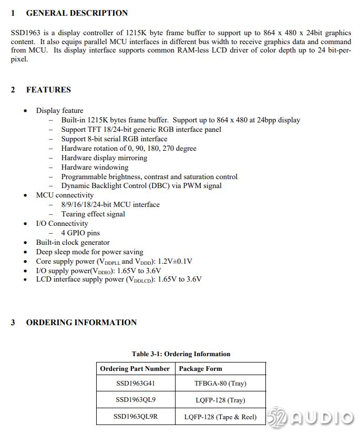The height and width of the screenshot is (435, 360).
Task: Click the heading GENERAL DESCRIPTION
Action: click(x=77, y=13)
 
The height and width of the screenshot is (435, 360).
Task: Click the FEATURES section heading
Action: click(x=48, y=90)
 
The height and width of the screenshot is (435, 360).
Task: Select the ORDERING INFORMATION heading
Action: click(x=81, y=323)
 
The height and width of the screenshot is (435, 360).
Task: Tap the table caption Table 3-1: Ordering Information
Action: click(x=181, y=354)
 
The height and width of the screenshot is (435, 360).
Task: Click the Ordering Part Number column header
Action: click(x=135, y=369)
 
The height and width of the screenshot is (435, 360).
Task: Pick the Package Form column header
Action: click(x=200, y=369)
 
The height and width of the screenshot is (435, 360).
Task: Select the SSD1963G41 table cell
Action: click(x=136, y=384)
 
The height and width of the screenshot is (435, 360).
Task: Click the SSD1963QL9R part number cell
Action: click(x=136, y=417)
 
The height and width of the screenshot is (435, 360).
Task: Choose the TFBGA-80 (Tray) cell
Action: click(x=220, y=384)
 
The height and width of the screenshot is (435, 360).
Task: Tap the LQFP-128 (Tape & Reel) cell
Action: click(x=220, y=417)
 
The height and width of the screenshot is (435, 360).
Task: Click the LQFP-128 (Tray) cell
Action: click(x=220, y=400)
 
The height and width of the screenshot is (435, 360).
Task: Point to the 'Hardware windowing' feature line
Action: click(x=95, y=167)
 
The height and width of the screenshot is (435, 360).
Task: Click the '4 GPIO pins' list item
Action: click(x=80, y=233)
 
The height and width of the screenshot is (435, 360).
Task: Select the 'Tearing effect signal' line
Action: click(x=93, y=214)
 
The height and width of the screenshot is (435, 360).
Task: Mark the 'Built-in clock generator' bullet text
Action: click(x=73, y=242)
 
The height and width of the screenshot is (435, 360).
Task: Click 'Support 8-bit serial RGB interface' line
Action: click(x=114, y=139)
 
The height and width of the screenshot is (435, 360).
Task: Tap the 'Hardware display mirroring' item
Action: click(x=104, y=158)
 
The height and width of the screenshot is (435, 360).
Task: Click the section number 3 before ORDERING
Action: click(x=13, y=323)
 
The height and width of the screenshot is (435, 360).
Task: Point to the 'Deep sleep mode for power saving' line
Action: click(x=89, y=252)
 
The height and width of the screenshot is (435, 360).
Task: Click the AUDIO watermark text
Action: click(x=322, y=418)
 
